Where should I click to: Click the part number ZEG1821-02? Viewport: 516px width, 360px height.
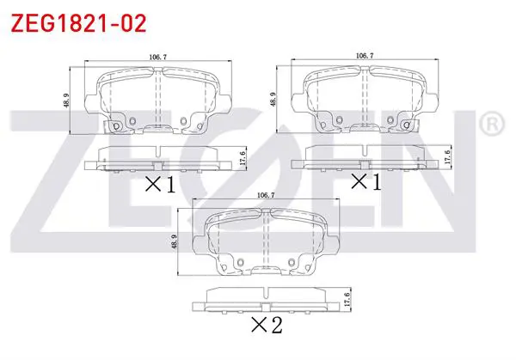tap(78, 23)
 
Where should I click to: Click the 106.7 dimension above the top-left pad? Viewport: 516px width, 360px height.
tap(158, 57)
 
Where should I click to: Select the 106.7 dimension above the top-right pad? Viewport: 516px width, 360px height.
tap(365, 56)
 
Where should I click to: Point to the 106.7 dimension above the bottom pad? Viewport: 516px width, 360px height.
tap(266, 195)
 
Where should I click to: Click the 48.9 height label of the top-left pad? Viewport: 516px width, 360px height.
tap(66, 101)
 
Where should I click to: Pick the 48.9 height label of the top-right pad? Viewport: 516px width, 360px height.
tap(273, 100)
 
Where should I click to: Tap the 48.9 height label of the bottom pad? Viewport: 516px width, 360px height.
tap(175, 241)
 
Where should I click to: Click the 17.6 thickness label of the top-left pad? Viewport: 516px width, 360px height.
tap(243, 158)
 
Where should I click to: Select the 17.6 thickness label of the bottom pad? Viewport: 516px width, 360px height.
tap(347, 300)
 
